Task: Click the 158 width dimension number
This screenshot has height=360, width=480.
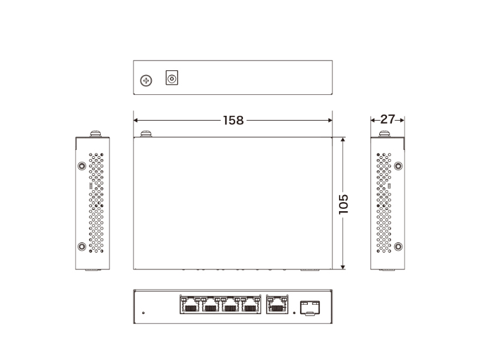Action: click(x=233, y=121)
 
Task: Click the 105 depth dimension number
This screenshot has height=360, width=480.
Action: click(x=343, y=204)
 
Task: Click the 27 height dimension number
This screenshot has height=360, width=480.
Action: click(x=388, y=119)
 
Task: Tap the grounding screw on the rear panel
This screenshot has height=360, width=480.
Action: click(x=146, y=81)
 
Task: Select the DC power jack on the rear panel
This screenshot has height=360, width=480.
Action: click(x=172, y=78)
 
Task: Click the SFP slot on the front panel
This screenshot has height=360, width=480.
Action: click(x=310, y=308)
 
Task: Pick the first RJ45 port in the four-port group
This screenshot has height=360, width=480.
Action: click(x=190, y=304)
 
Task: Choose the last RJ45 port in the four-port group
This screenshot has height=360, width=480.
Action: click(x=250, y=304)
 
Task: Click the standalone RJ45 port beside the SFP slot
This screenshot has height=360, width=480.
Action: click(x=277, y=304)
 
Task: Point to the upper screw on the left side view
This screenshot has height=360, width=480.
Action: click(x=82, y=166)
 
